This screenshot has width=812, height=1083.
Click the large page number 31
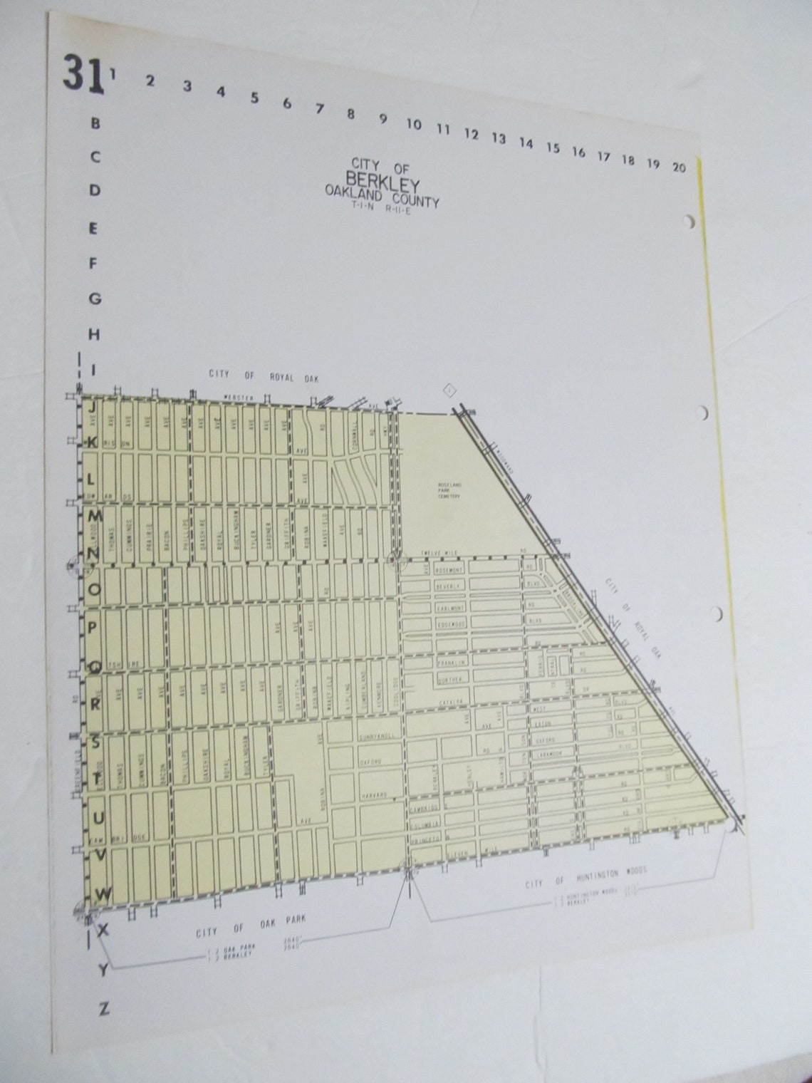pos(83,73)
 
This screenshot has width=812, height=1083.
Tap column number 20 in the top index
pos(678,167)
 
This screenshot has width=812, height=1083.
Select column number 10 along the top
pos(413,125)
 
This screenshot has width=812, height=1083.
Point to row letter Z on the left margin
pos(104,1008)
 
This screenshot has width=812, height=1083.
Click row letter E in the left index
pos(93,229)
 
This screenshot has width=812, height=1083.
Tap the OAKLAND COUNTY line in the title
pos(382,195)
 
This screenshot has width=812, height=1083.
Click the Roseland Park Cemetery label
pos(450,490)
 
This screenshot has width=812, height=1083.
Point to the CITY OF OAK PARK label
pos(251,925)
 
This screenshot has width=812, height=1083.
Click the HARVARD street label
pos(373,794)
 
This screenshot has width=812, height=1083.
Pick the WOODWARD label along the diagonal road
pos(504,460)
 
